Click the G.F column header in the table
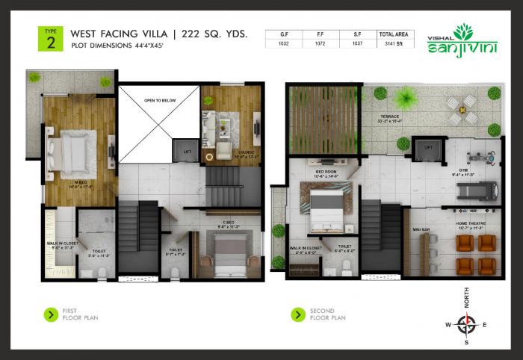tap(282, 34)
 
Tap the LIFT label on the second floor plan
tap(429, 148)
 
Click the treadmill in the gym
tap(475, 193)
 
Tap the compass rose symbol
tap(467, 323)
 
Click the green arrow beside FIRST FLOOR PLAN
tap(50, 314)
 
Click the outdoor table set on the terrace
tap(461, 108)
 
